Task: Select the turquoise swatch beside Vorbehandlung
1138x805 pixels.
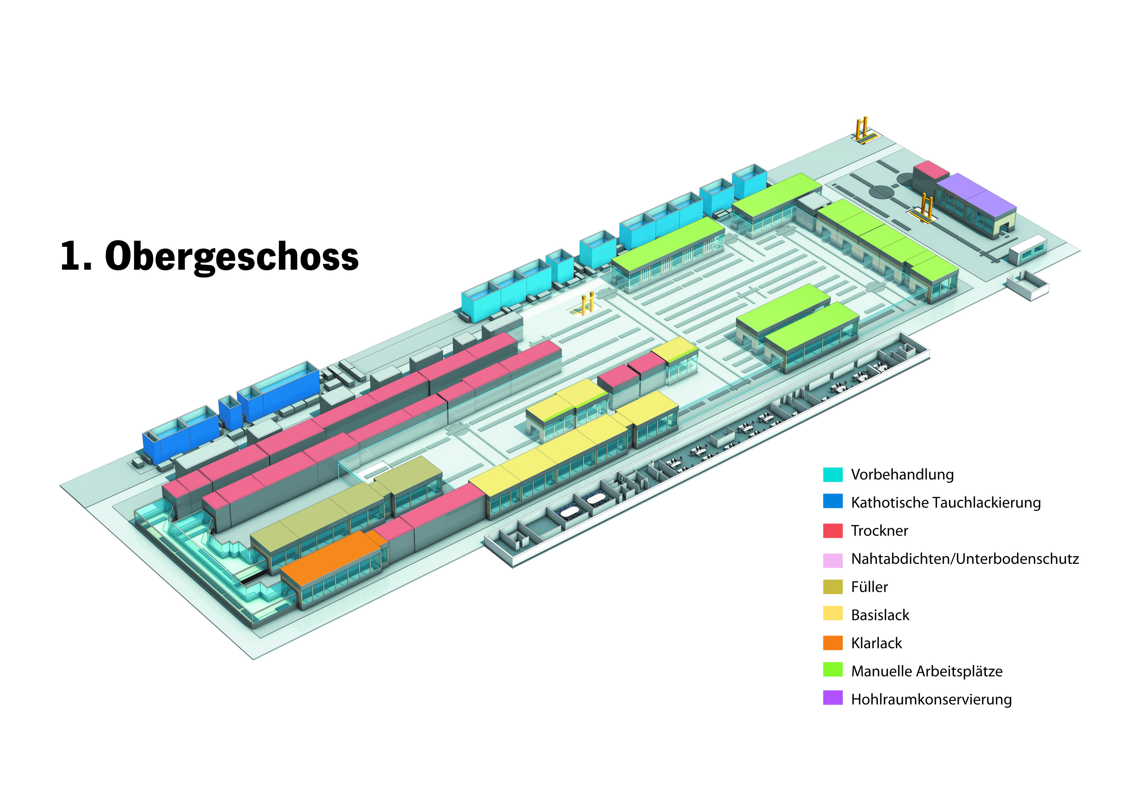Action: pyautogui.click(x=832, y=474)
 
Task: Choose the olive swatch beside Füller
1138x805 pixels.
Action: pyautogui.click(x=832, y=587)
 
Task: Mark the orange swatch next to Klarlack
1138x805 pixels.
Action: pyautogui.click(x=832, y=643)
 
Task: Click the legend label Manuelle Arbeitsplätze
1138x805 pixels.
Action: pyautogui.click(x=926, y=671)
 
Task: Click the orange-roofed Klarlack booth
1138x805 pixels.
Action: pyautogui.click(x=330, y=558)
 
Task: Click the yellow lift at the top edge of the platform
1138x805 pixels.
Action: pyautogui.click(x=863, y=130)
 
